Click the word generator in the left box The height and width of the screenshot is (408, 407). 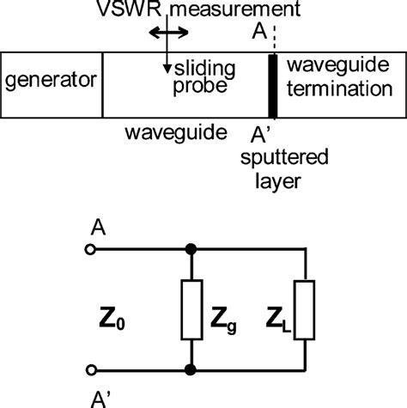pos(50,83)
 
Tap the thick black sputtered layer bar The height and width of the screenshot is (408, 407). pos(274,86)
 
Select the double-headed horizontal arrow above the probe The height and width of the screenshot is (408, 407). pos(165,32)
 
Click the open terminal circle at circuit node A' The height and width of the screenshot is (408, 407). pos(91,369)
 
